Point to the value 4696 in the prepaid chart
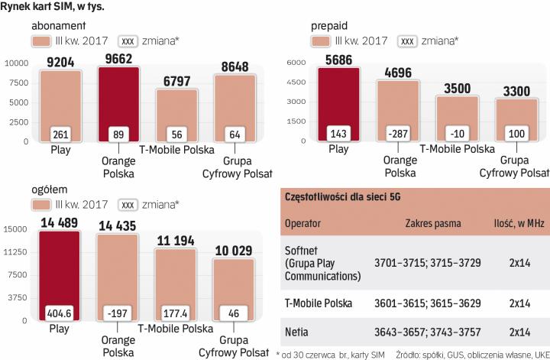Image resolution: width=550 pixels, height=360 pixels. [x=396, y=74]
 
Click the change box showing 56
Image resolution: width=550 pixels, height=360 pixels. [x=176, y=135]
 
